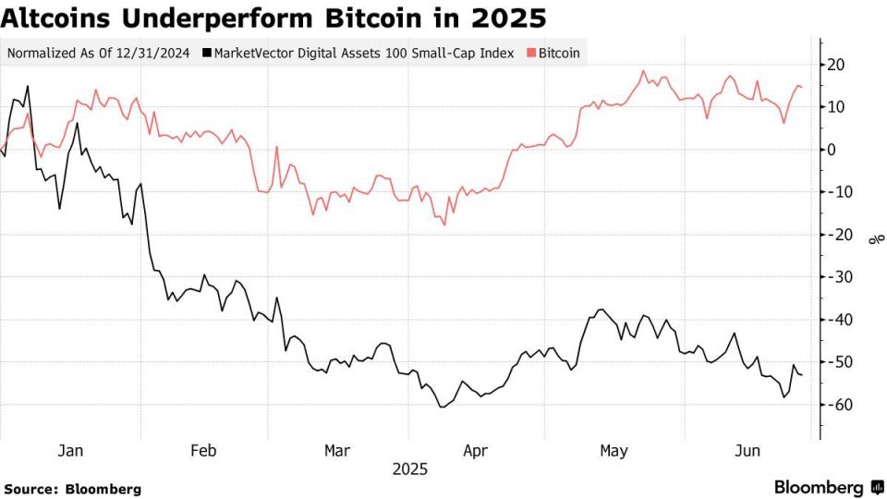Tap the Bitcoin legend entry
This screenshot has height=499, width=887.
pos(558,53)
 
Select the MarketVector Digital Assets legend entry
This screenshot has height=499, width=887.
pos(364,53)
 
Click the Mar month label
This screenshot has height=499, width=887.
pos(337,450)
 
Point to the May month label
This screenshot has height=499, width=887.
pos(614,450)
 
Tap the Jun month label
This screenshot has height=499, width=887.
pos(747,450)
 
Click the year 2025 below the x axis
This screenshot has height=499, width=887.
pos(409,469)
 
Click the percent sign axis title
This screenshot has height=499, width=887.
pos(873,240)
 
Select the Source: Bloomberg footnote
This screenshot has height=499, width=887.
pos(72,489)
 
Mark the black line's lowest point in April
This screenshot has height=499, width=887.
pos(442,407)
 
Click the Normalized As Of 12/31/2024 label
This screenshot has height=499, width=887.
pos(98,53)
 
